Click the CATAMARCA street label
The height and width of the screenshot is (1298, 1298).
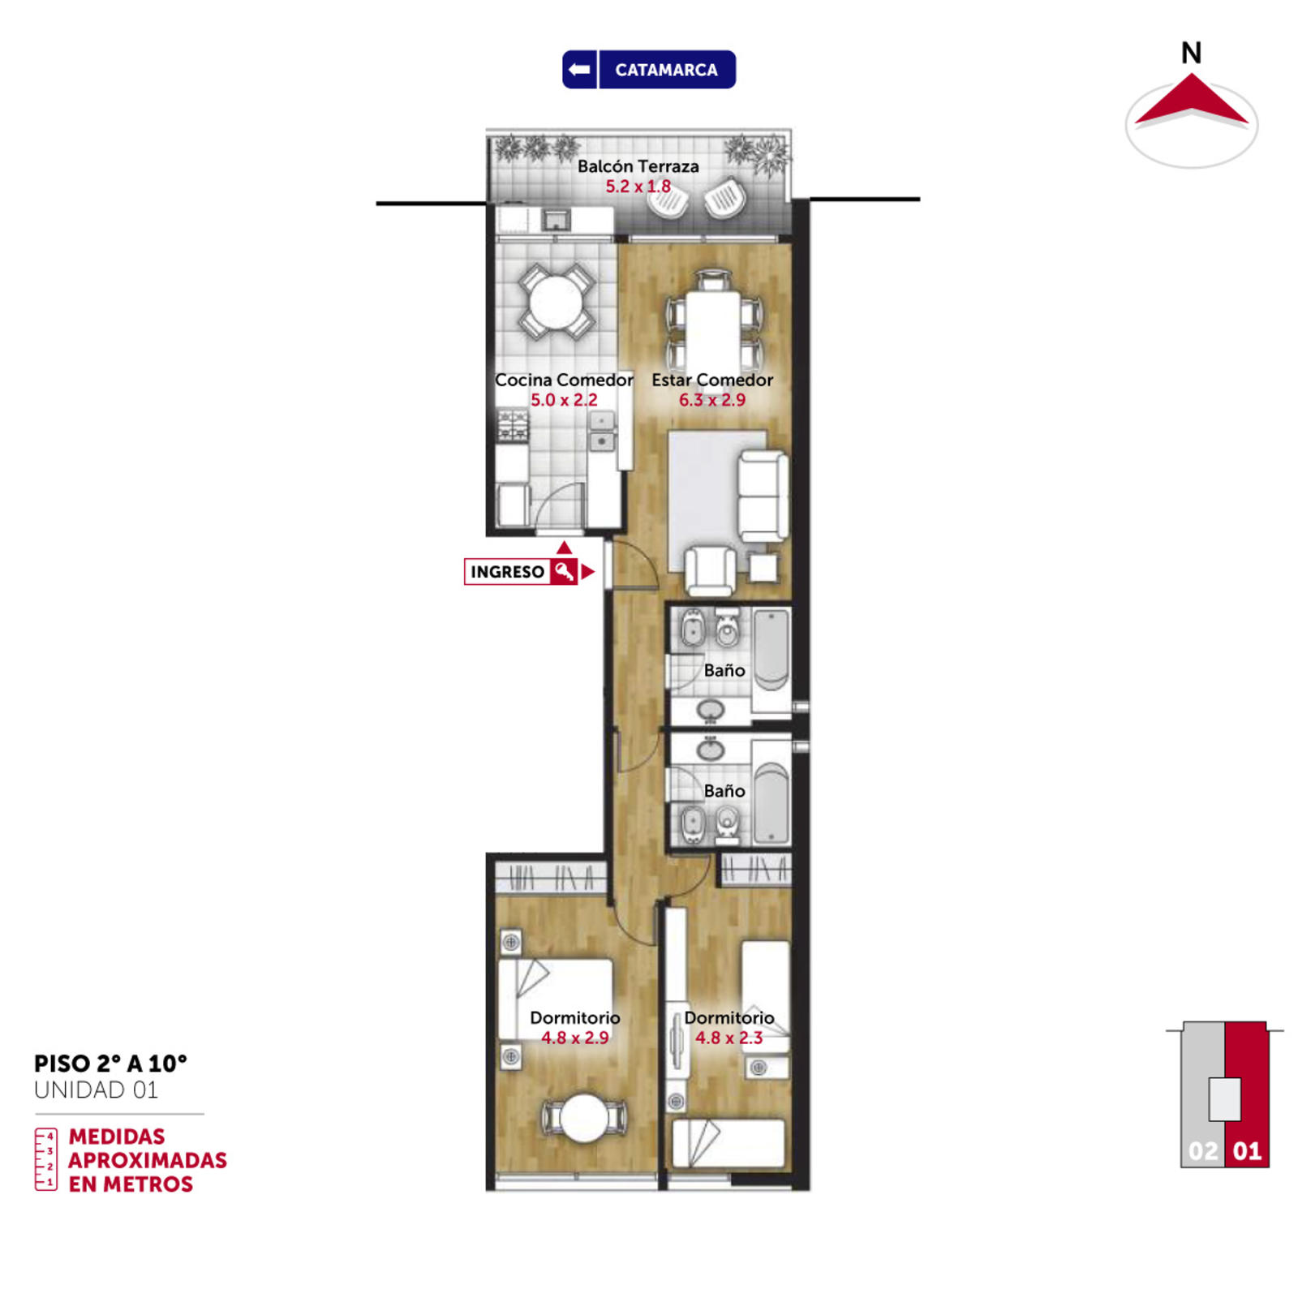tap(666, 70)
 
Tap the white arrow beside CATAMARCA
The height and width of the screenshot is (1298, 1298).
tap(579, 69)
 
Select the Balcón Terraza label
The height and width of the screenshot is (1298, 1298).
tap(638, 166)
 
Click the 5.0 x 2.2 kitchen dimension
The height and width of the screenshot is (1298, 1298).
tap(564, 400)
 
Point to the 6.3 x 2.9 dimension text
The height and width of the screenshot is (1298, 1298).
tap(711, 400)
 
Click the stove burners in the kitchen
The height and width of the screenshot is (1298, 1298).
tap(512, 425)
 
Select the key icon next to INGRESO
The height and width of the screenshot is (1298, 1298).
tap(564, 571)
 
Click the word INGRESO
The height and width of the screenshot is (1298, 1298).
tap(507, 572)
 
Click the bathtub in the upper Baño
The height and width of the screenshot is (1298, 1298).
tap(771, 650)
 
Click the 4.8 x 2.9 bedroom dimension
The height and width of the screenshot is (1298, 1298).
tap(575, 1038)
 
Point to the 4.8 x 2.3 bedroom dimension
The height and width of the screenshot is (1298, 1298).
tap(729, 1038)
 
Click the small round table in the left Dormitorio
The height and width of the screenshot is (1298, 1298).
tap(584, 1118)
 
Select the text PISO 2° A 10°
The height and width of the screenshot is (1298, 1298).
tap(110, 1064)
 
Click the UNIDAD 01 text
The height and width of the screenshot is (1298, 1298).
tap(96, 1090)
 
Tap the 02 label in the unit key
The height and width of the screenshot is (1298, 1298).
tap(1202, 1151)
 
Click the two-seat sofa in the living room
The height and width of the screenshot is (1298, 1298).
tap(763, 496)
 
